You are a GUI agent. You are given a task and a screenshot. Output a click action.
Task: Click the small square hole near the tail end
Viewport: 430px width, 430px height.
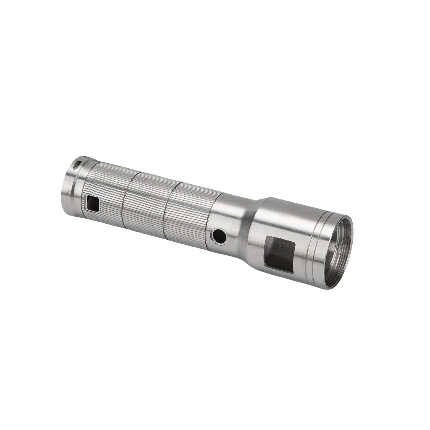click(92, 204)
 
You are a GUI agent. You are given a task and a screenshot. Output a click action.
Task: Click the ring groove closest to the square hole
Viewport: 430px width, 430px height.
click(126, 201)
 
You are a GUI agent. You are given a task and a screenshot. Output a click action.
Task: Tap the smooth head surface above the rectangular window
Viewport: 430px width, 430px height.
click(284, 218)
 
